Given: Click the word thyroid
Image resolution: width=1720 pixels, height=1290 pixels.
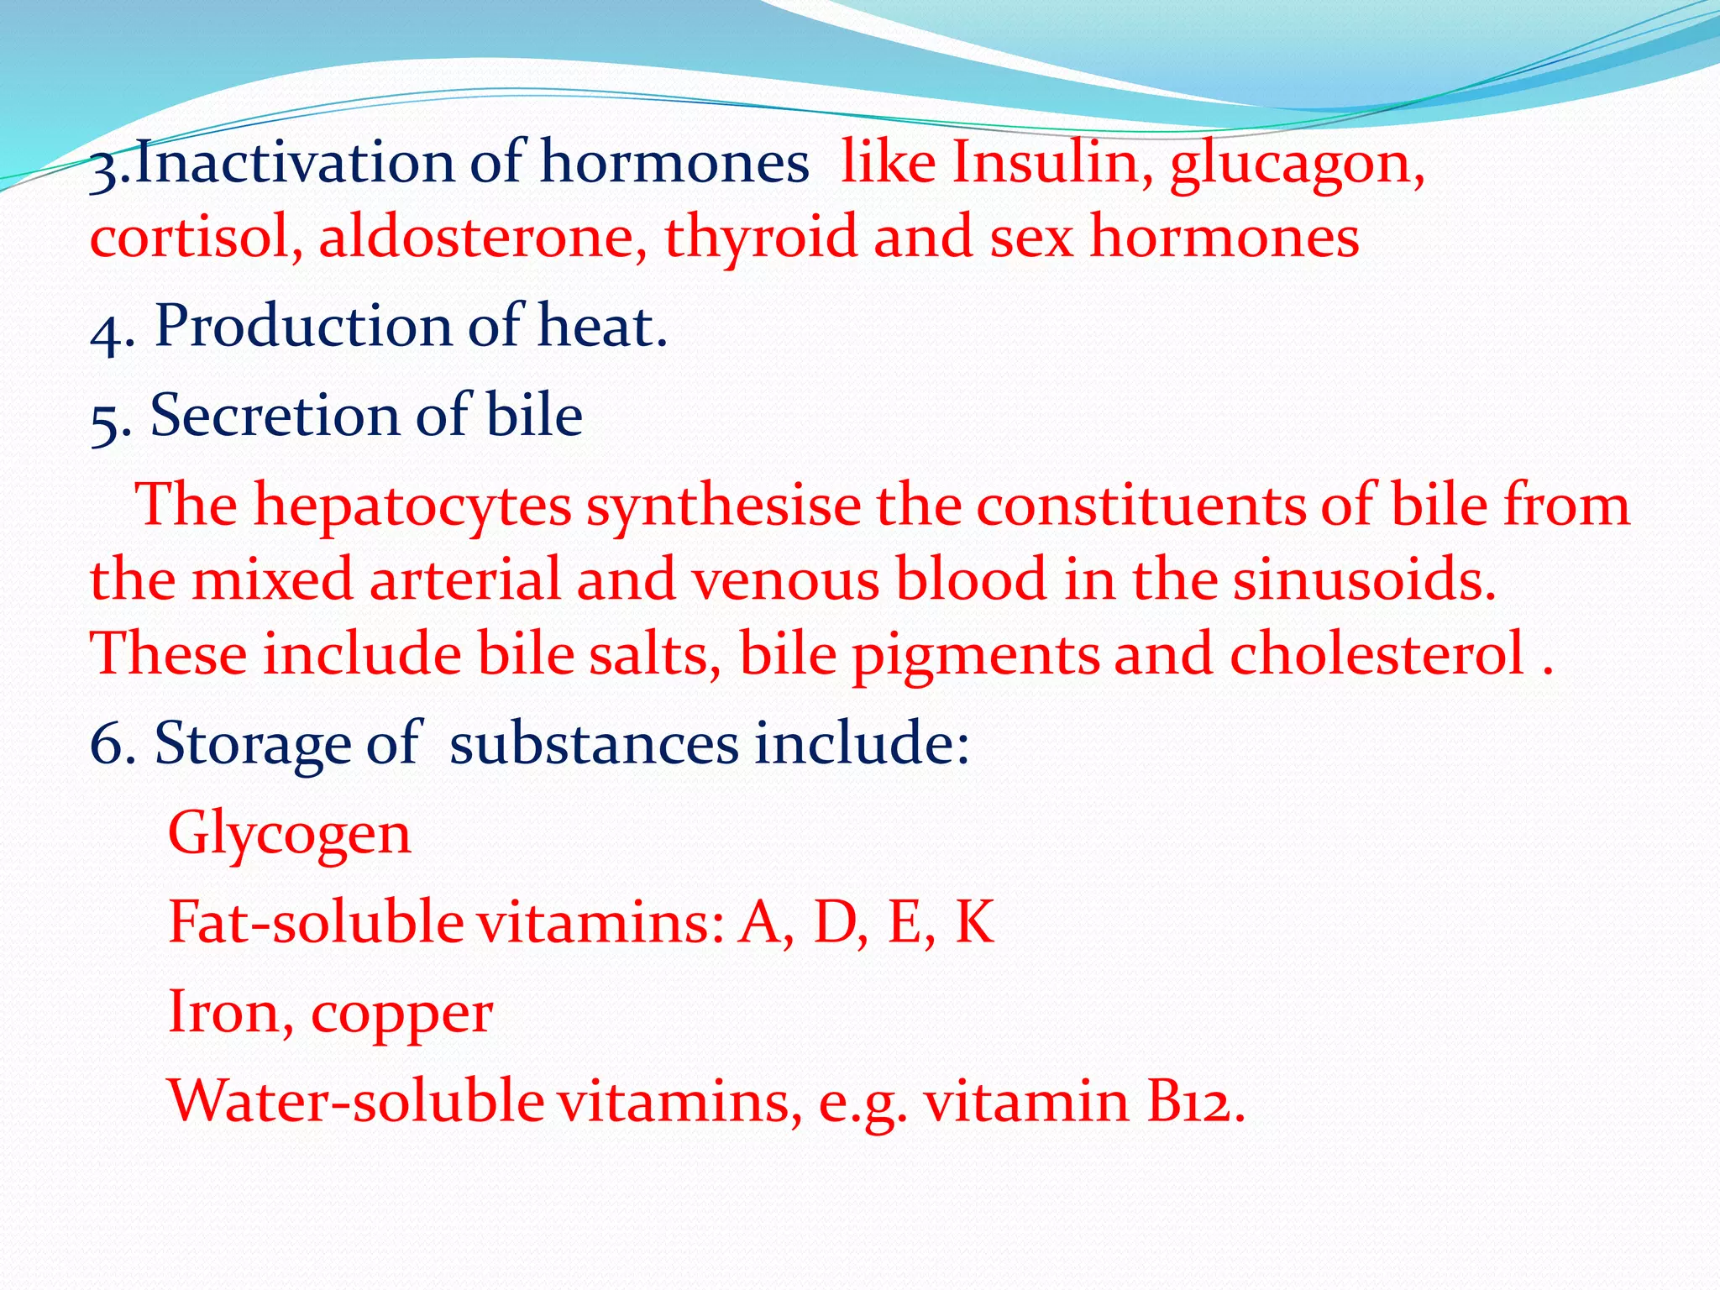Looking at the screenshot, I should [761, 239].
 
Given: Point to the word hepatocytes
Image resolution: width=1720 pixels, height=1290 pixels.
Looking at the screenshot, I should [412, 506].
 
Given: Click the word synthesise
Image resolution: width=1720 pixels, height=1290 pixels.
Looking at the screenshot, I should [723, 506].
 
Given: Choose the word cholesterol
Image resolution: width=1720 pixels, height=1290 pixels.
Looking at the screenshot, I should [1377, 653].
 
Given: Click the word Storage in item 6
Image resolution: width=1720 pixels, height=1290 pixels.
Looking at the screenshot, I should [252, 744].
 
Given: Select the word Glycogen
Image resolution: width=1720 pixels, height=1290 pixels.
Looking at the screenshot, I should [290, 835].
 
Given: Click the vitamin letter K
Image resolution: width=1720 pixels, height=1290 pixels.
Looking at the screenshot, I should [974, 921].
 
